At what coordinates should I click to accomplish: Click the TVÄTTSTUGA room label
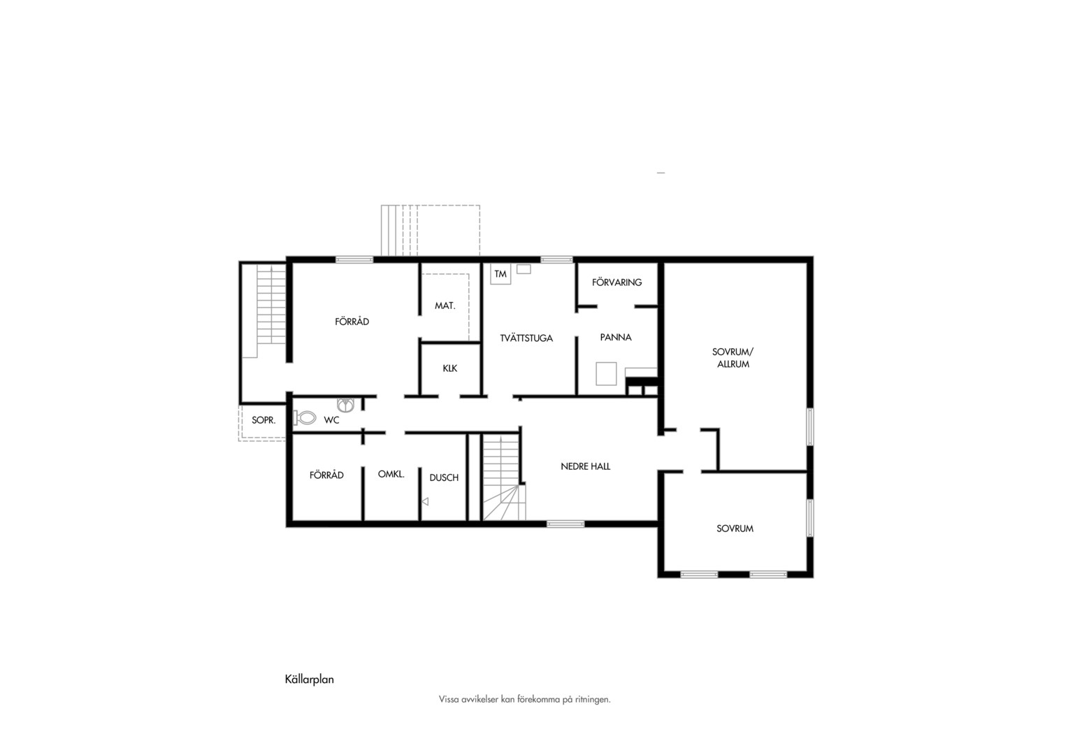(x=526, y=338)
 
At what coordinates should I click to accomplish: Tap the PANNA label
(x=616, y=337)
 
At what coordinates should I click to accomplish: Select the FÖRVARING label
(x=617, y=282)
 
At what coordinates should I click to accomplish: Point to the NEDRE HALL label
(x=586, y=466)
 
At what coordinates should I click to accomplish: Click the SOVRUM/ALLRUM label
(x=733, y=358)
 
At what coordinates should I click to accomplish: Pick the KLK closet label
(x=449, y=368)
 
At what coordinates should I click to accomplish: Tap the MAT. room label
(x=445, y=305)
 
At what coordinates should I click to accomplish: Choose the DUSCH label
(x=444, y=477)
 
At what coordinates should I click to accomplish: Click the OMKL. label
(x=391, y=474)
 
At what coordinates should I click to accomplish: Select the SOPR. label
(x=264, y=420)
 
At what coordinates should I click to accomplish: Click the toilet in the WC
(x=305, y=418)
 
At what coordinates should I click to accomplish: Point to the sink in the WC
(x=346, y=405)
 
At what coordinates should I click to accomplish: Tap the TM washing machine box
(x=500, y=274)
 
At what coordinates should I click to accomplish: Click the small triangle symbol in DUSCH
(x=425, y=501)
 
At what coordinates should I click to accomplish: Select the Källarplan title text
(x=310, y=679)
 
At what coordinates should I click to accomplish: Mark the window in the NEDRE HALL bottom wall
(x=565, y=524)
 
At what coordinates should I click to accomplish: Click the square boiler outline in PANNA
(x=606, y=373)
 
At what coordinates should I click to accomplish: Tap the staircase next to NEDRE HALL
(x=503, y=477)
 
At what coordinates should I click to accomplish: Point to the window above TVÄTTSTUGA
(x=556, y=259)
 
